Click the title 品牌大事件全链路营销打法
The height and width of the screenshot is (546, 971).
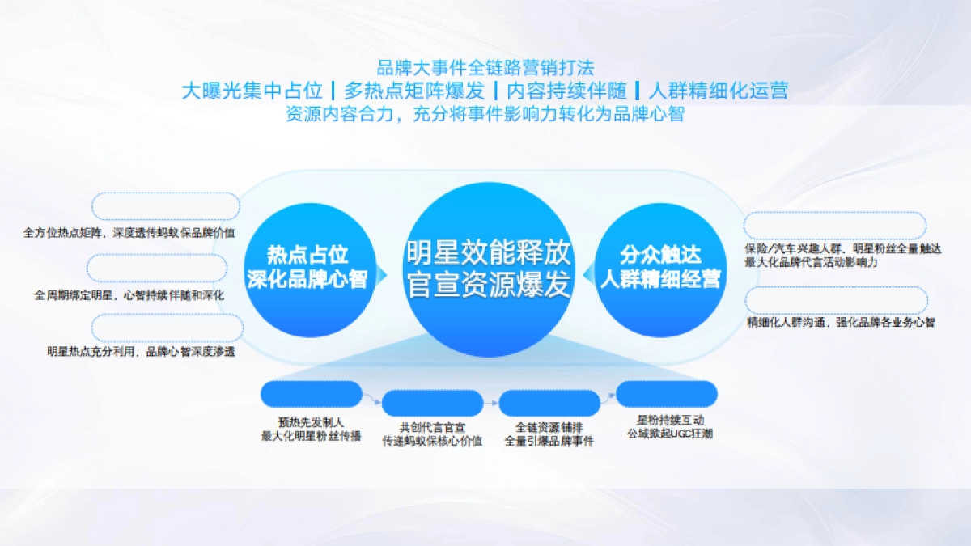(x=485, y=68)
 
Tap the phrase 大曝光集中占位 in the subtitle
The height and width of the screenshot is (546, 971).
(x=253, y=90)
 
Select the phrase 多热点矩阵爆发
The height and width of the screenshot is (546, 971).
(x=414, y=90)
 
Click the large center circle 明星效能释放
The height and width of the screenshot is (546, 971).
(x=488, y=269)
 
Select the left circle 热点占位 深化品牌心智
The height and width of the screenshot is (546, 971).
(x=307, y=268)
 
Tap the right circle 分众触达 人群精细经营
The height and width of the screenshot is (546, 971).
(x=660, y=268)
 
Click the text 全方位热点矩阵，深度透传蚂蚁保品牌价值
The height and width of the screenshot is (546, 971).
(x=129, y=232)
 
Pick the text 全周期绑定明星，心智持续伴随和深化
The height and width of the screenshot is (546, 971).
(x=129, y=295)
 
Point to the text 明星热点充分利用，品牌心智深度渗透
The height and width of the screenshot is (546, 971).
(x=142, y=352)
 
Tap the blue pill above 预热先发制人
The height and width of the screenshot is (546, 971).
(x=311, y=394)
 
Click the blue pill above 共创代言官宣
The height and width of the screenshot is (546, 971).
(x=432, y=402)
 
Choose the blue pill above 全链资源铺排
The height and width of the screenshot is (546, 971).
(x=549, y=402)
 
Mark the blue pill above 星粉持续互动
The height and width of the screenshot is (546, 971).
(x=667, y=394)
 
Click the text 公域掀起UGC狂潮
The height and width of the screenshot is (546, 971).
(x=669, y=434)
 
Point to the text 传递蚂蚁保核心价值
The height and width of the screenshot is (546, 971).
(x=432, y=441)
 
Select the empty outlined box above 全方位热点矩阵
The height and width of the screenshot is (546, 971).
(x=166, y=206)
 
